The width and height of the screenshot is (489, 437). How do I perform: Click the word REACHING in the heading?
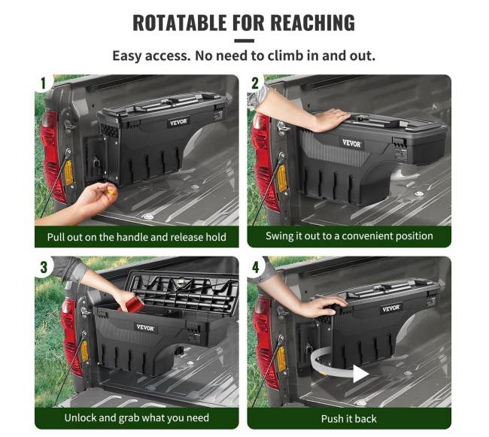(312, 23)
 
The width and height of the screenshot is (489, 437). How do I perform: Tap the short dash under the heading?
(244, 41)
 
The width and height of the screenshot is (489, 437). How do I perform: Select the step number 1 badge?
(44, 83)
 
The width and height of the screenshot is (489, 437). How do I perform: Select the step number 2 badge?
(255, 83)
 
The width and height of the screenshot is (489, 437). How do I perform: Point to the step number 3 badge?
(44, 267)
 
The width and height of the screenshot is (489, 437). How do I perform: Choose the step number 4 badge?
(256, 267)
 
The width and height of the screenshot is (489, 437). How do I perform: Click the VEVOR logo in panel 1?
(178, 122)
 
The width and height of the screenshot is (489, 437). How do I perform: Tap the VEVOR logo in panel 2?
(351, 144)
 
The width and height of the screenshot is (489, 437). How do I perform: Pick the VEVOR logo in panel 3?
(145, 328)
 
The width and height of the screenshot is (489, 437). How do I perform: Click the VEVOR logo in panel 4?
(390, 308)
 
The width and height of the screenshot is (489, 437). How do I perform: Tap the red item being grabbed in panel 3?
(132, 304)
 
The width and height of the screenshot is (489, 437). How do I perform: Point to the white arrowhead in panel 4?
(361, 373)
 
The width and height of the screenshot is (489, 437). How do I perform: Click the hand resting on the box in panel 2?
(331, 120)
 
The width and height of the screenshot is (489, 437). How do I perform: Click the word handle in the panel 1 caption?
(132, 237)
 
